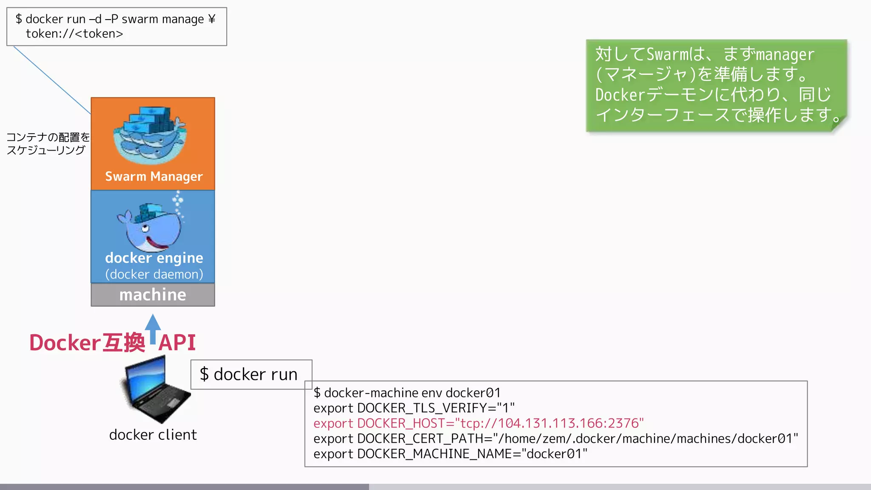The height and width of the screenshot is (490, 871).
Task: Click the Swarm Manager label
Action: coord(154,176)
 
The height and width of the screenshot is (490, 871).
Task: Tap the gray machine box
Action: coord(153,295)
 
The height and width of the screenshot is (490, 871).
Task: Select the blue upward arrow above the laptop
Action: coord(153,328)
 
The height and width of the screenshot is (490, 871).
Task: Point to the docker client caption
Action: coord(153,435)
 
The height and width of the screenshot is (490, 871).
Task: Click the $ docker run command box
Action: coord(251,374)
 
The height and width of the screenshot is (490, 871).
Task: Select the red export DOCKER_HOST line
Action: coord(478,423)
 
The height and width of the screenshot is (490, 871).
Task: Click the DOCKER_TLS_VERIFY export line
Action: coord(414,408)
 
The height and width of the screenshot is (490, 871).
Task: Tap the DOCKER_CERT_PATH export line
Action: coord(555,439)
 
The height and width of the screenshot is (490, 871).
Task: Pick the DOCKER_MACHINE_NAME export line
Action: coord(450,454)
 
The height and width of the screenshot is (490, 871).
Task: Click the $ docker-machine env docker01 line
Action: coord(407,393)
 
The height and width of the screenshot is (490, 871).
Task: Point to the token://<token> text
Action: coord(74,34)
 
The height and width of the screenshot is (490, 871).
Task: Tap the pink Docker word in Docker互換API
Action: coord(65,343)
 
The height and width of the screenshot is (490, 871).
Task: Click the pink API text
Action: coord(177,343)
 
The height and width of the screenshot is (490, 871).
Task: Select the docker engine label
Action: coord(154,258)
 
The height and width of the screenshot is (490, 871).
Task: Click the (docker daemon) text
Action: coord(154,274)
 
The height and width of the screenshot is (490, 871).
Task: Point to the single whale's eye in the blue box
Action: coord(145,228)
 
